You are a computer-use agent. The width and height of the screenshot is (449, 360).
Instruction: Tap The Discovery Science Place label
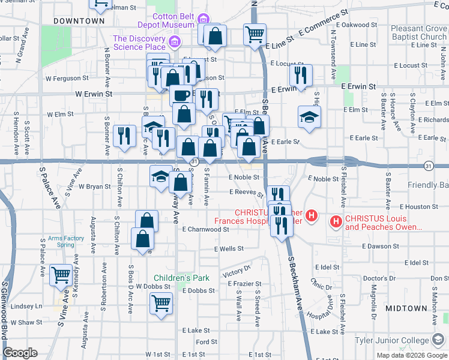click(x=139, y=43)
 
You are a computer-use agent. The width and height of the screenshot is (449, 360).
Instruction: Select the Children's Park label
click(x=181, y=278)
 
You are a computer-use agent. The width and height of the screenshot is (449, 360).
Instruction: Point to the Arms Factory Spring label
click(x=66, y=241)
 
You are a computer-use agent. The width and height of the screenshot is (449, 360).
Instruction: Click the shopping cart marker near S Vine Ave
click(x=61, y=275)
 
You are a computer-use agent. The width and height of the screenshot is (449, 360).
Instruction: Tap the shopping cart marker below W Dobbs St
click(x=161, y=304)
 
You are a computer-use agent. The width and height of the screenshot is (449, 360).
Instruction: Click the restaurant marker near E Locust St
click(x=300, y=74)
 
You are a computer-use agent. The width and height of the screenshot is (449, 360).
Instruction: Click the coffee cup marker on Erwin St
click(x=181, y=95)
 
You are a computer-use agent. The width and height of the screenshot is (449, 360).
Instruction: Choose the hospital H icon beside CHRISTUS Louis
click(x=336, y=223)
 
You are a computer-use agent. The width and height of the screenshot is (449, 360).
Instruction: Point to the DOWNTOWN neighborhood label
click(x=79, y=21)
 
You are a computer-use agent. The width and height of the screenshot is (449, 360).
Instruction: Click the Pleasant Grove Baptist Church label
click(x=418, y=32)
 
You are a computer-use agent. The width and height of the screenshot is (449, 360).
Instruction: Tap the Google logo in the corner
click(x=20, y=353)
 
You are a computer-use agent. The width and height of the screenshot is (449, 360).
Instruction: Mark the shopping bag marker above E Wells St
click(x=142, y=239)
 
